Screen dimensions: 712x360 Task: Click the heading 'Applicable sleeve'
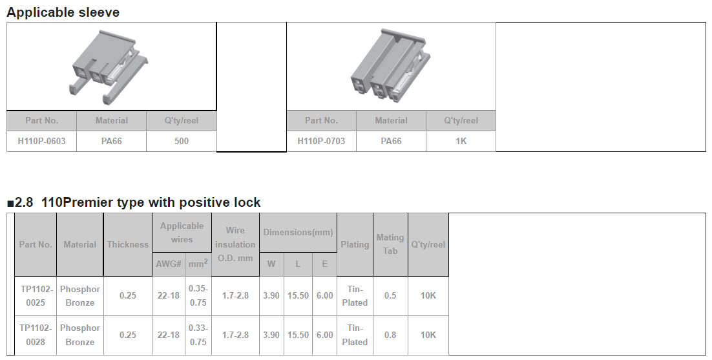pos(63,12)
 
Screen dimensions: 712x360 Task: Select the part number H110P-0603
pos(41,141)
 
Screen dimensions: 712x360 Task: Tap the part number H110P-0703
pos(321,141)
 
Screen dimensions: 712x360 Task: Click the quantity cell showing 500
pos(181,141)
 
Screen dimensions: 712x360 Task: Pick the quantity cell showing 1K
pos(461,141)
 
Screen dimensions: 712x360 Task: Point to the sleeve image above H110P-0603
pos(110,67)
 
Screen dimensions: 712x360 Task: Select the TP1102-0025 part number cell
pos(36,295)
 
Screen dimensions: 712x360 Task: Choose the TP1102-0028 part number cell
pos(36,335)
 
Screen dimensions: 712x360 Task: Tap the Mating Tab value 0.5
pos(390,295)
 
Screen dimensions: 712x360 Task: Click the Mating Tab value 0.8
pos(390,335)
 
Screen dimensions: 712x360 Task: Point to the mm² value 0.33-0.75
pos(198,335)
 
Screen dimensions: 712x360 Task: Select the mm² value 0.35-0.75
pos(198,295)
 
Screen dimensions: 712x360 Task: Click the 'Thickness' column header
pos(127,244)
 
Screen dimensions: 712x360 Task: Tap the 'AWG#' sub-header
pos(169,264)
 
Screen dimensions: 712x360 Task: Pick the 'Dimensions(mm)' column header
pos(298,233)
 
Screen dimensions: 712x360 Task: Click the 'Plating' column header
pos(355,244)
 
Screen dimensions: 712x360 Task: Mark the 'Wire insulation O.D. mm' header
pos(235,244)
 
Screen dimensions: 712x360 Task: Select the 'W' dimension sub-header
pos(271,264)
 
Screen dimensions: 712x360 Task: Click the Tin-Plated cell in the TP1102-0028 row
pos(355,335)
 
